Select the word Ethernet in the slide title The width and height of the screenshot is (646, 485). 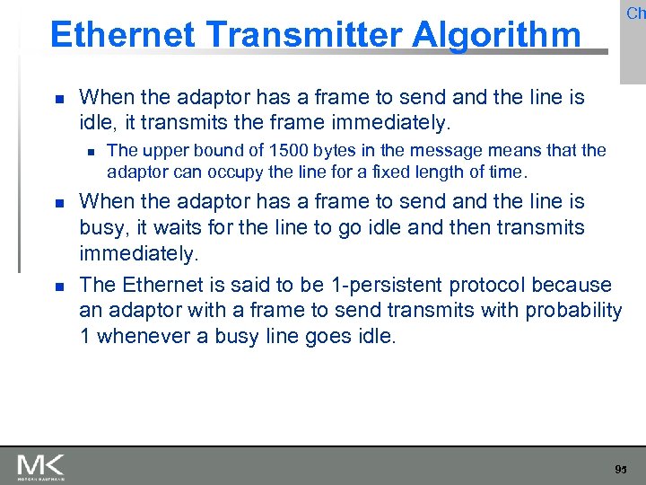point(123,35)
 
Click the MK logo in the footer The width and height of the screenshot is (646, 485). point(40,466)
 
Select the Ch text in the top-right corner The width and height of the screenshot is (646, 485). point(635,13)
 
